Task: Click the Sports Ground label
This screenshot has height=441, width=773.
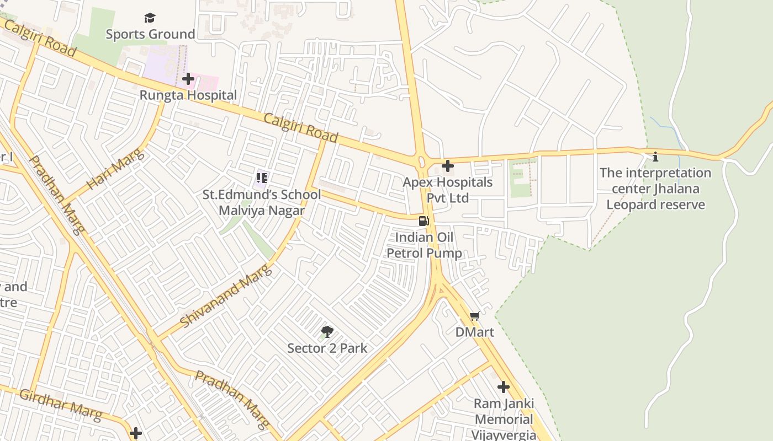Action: tap(150, 34)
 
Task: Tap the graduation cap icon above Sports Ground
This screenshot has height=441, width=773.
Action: tap(150, 18)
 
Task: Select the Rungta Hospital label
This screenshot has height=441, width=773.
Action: tap(188, 95)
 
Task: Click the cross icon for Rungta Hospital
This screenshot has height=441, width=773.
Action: tap(188, 79)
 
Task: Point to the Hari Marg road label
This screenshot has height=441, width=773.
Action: tap(115, 169)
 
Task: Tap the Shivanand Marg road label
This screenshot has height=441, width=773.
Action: tap(226, 296)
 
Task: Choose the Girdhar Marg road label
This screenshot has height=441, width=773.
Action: tap(61, 404)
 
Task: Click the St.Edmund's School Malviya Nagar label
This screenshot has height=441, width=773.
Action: tap(261, 202)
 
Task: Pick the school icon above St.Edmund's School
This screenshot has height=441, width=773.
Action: tap(261, 178)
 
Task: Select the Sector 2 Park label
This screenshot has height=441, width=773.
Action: tap(327, 348)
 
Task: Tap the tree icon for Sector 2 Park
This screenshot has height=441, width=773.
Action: tap(327, 332)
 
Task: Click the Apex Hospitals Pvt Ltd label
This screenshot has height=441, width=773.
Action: tap(447, 190)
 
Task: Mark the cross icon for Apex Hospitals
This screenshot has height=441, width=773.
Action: tap(448, 165)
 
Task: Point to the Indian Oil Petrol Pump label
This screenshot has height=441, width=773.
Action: tap(424, 245)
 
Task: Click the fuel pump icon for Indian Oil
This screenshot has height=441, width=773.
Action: tap(424, 221)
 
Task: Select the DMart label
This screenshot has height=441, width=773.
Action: tap(474, 332)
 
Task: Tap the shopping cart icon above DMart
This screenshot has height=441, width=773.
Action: tap(474, 316)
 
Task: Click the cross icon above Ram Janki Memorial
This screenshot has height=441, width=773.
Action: tap(503, 387)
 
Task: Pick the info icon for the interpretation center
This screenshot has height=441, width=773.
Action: tap(655, 157)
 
